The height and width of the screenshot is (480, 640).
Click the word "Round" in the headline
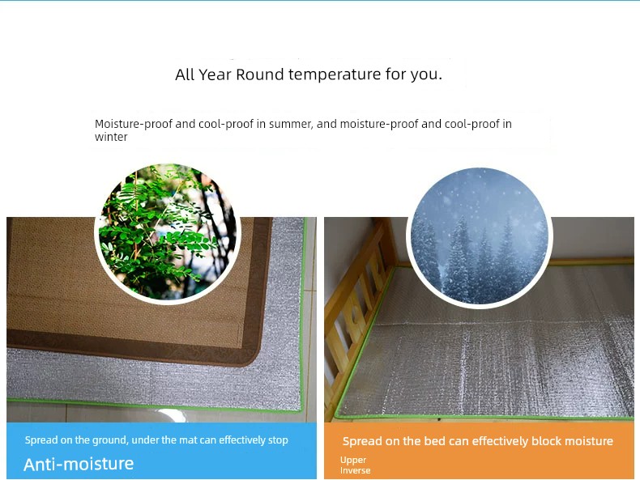259,74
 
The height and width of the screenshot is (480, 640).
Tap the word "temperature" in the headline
335,74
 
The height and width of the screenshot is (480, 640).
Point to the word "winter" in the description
111,137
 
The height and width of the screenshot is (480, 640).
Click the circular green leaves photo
168,232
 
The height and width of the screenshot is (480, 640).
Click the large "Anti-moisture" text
79,464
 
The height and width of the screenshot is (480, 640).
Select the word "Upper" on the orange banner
353,461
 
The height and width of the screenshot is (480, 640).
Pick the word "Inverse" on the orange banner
355,470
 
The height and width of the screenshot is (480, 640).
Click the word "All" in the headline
185,74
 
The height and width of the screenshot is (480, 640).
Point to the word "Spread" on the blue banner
41,440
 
